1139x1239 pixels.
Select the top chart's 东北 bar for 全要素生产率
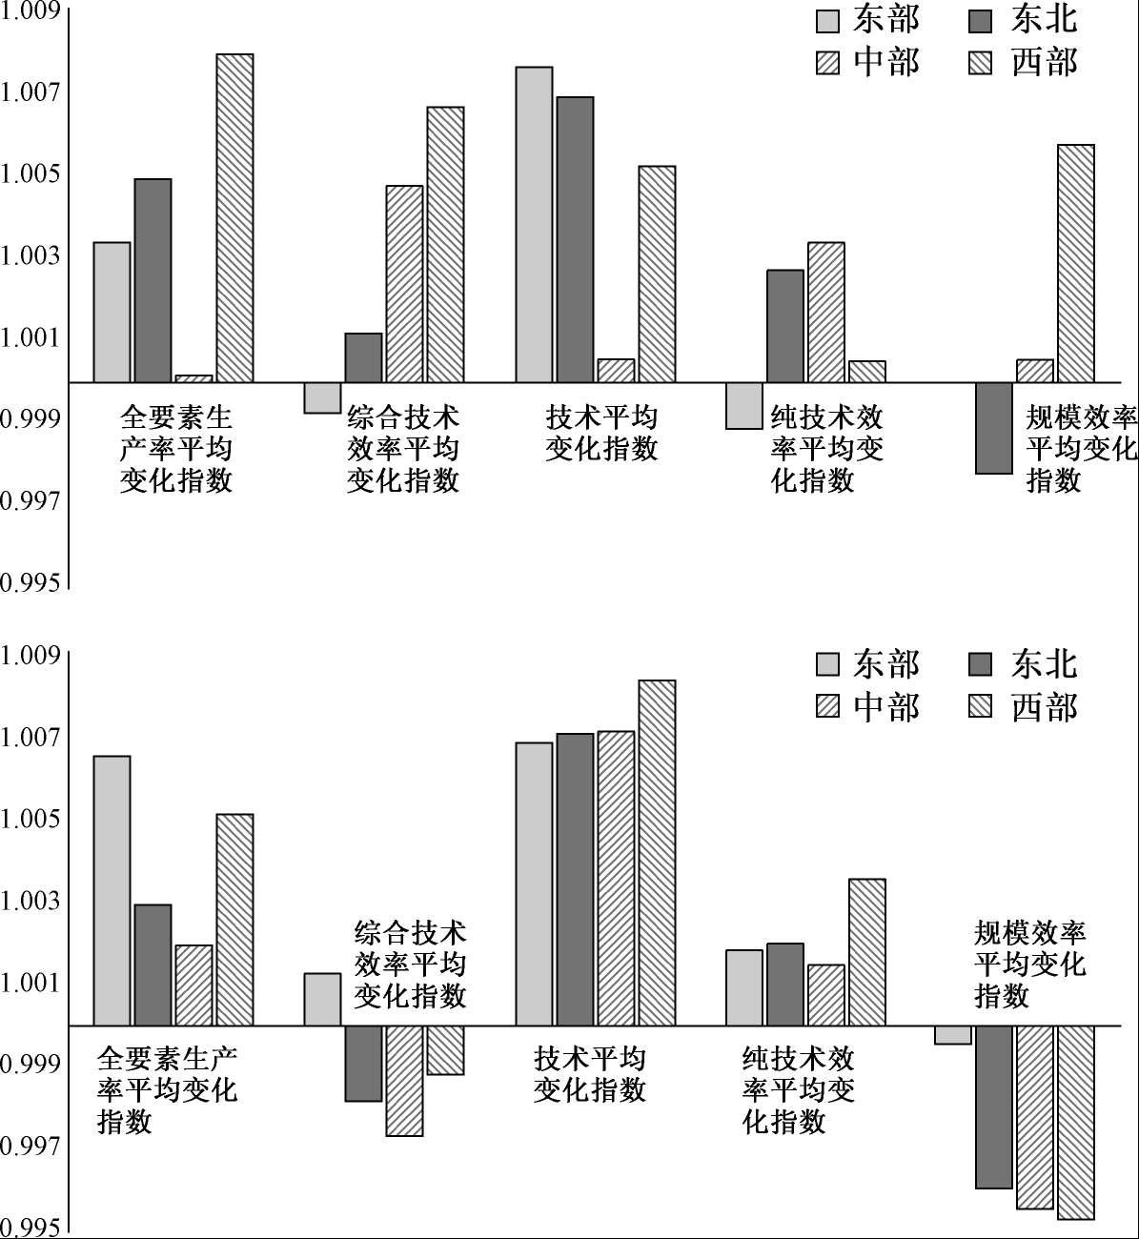tap(153, 280)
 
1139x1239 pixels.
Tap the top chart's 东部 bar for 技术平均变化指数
tap(534, 224)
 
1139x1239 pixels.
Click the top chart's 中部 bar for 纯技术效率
tap(826, 312)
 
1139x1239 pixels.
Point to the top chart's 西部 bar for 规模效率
tap(1075, 263)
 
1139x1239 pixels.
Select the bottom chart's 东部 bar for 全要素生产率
tap(112, 890)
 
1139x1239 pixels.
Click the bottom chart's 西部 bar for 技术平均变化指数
tap(657, 852)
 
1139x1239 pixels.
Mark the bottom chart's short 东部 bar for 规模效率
tap(953, 1035)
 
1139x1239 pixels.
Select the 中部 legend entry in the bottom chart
tap(867, 706)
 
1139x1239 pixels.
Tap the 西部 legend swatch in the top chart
tap(981, 63)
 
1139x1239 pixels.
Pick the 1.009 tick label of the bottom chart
tap(31, 655)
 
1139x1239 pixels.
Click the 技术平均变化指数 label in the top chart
tap(601, 433)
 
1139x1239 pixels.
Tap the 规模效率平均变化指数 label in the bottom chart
tap(1029, 964)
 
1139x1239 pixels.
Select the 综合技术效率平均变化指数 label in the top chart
tap(403, 448)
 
